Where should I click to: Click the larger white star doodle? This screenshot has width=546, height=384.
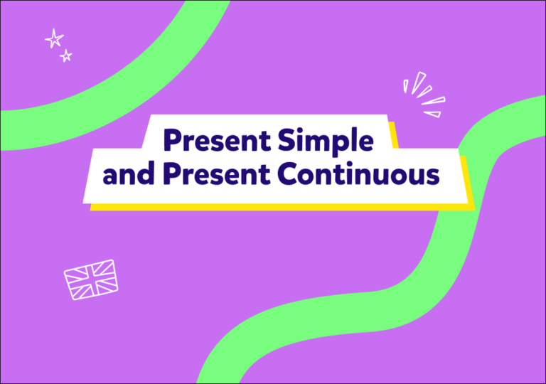[x=54, y=38]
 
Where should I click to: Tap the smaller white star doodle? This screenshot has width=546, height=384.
[x=66, y=55]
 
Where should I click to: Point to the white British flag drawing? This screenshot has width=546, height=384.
[x=91, y=278]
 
